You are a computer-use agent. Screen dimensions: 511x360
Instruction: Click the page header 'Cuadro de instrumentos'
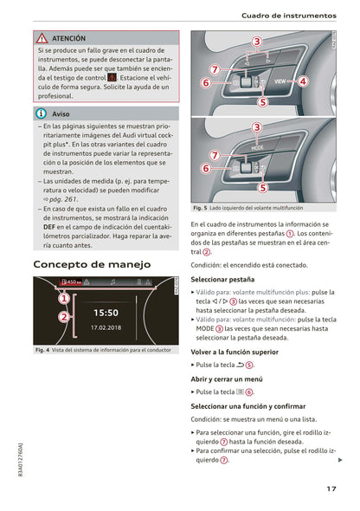click(x=295, y=16)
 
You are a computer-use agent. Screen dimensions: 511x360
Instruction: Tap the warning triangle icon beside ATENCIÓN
click(x=42, y=39)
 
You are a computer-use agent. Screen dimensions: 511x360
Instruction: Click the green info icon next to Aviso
click(x=42, y=113)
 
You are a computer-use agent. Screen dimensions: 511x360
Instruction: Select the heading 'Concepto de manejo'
click(x=91, y=263)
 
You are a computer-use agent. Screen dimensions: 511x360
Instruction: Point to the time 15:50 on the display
click(x=106, y=312)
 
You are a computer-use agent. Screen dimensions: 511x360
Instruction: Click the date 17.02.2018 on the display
click(x=106, y=328)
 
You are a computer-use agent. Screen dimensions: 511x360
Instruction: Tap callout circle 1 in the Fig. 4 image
click(x=63, y=298)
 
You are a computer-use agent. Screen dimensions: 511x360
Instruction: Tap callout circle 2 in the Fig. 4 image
click(x=63, y=317)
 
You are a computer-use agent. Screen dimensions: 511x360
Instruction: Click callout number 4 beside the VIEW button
click(x=303, y=81)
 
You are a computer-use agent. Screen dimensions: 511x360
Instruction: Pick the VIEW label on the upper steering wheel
click(x=281, y=81)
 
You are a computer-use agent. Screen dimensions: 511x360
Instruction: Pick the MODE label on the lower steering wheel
click(x=257, y=146)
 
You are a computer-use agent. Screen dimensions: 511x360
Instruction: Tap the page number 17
click(x=331, y=489)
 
